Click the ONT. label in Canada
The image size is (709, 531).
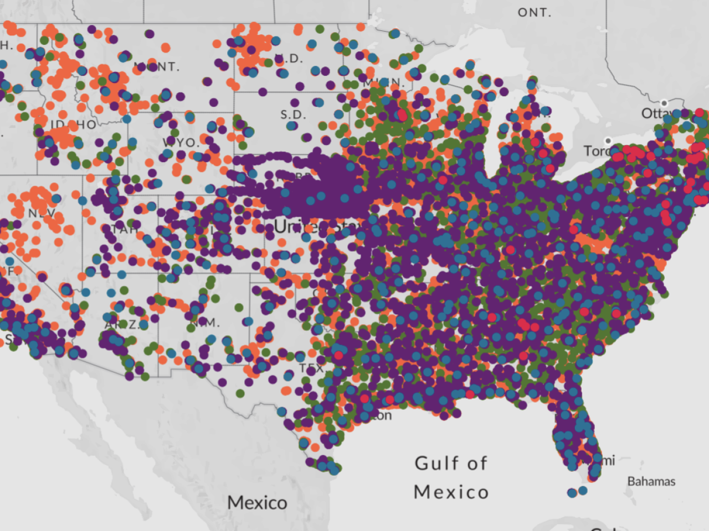535,12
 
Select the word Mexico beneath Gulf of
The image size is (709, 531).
451,492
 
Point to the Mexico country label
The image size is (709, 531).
257,502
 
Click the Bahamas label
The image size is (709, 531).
651,481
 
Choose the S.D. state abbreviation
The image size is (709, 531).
293,115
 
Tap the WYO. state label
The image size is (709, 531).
180,142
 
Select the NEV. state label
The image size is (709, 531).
42,213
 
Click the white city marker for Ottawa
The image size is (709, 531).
664,103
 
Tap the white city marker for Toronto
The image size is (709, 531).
608,140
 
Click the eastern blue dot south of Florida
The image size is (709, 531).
583,490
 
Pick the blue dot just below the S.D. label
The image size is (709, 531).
292,126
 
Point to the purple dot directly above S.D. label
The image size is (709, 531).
295,103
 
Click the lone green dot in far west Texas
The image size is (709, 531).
240,393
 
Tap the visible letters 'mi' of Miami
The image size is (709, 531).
608,460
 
